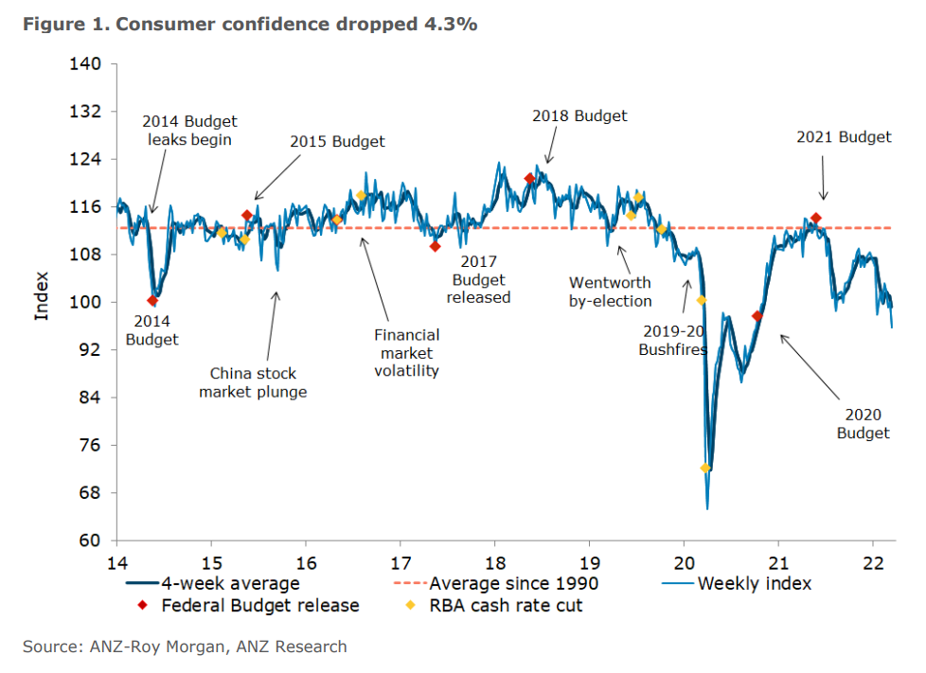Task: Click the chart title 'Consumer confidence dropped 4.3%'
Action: pyautogui.click(x=294, y=25)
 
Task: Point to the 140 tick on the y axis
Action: pyautogui.click(x=86, y=64)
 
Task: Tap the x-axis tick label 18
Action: pyautogui.click(x=493, y=559)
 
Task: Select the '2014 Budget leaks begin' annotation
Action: pyautogui.click(x=189, y=131)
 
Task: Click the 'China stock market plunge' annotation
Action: pyautogui.click(x=253, y=381)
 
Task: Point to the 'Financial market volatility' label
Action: pyautogui.click(x=406, y=352)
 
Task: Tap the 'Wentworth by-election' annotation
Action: pyautogui.click(x=610, y=292)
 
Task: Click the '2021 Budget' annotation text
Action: pyautogui.click(x=844, y=137)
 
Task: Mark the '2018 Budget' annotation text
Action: pyautogui.click(x=579, y=116)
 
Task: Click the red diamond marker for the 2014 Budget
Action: pyautogui.click(x=152, y=301)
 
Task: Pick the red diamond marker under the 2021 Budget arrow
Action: pyautogui.click(x=815, y=219)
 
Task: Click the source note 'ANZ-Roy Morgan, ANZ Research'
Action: pyautogui.click(x=219, y=647)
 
